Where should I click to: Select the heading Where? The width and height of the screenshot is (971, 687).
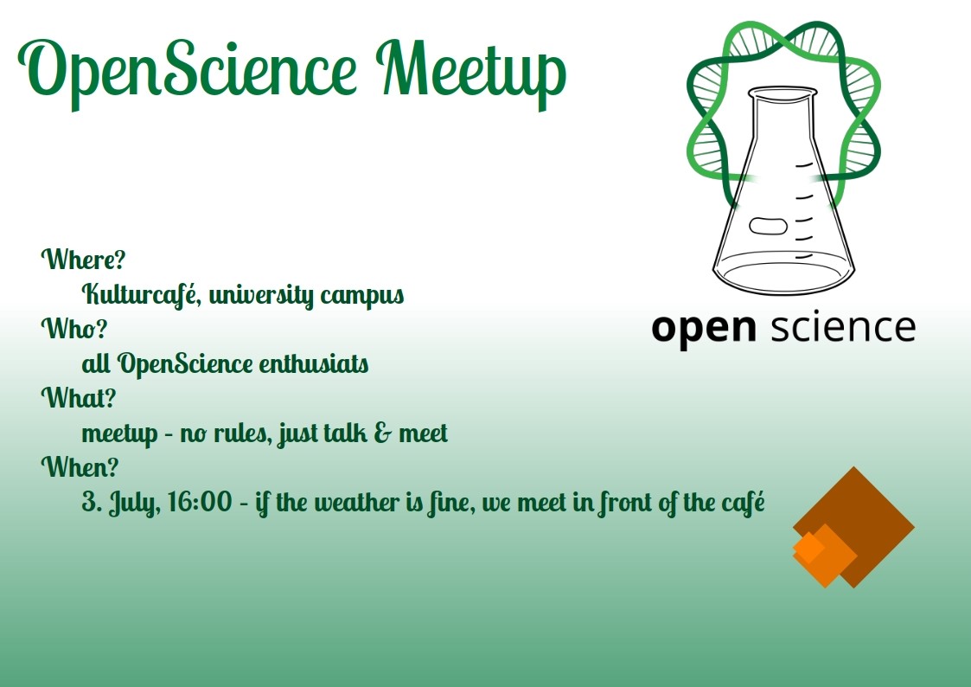[83, 259]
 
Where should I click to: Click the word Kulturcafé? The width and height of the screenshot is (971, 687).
[141, 294]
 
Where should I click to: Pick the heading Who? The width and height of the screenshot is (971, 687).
[73, 328]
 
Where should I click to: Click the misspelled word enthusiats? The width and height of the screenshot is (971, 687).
[313, 363]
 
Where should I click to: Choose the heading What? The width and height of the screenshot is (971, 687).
[78, 398]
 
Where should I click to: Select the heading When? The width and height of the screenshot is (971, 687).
[80, 466]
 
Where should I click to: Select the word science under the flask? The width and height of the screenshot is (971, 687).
[843, 326]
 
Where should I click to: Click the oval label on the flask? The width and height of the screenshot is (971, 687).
[768, 226]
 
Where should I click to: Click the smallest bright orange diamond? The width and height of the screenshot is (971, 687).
[808, 547]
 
